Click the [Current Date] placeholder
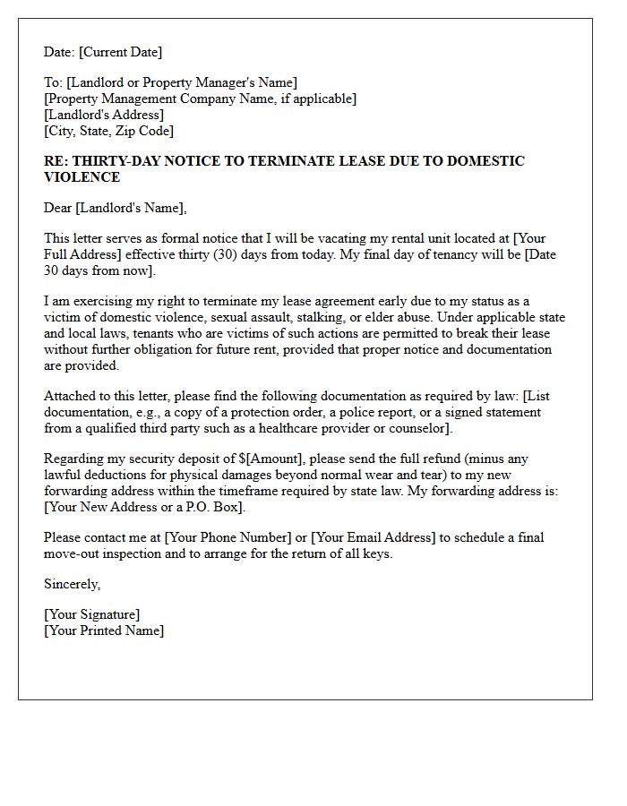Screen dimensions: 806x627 click(x=121, y=53)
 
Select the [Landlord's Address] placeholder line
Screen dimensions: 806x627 click(x=104, y=115)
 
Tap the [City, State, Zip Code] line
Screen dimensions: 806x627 click(x=108, y=131)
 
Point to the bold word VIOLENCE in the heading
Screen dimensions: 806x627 click(x=82, y=177)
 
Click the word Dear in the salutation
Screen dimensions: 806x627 click(x=58, y=208)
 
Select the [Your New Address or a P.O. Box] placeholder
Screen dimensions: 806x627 click(x=144, y=507)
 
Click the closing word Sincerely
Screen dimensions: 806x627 click(x=72, y=584)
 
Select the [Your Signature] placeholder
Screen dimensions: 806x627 click(x=92, y=614)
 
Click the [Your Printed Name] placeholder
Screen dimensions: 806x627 click(x=104, y=630)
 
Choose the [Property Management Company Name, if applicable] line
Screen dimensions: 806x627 click(x=200, y=99)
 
